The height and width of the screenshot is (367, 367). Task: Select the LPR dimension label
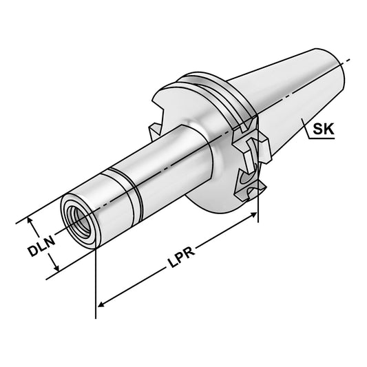(x=180, y=256)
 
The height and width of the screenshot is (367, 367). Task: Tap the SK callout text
(x=323, y=129)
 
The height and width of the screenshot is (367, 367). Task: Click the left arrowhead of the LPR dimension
(x=101, y=302)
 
